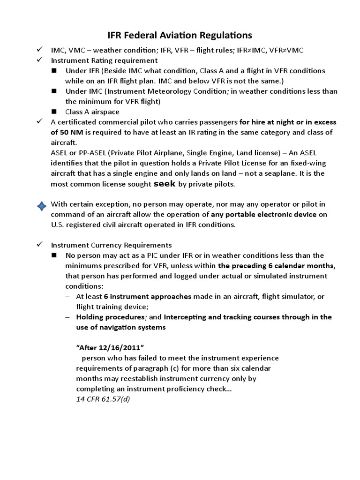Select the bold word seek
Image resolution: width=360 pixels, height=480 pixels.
pyautogui.click(x=165, y=184)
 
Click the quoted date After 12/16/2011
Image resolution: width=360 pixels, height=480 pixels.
pyautogui.click(x=109, y=347)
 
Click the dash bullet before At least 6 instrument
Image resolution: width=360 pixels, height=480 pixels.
pyautogui.click(x=68, y=296)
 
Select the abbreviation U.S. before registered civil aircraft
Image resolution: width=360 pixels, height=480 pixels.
pyautogui.click(x=59, y=225)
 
